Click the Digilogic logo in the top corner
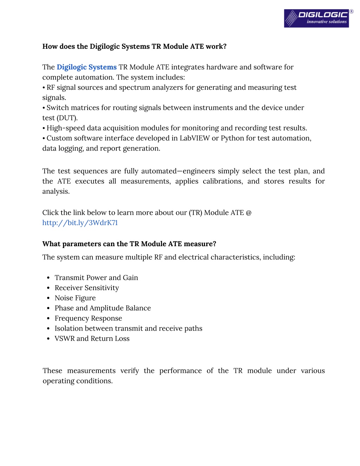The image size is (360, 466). (316, 18)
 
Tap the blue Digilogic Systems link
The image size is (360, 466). (86, 67)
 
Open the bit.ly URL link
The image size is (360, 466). (80, 223)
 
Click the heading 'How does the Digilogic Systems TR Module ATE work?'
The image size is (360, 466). (134, 46)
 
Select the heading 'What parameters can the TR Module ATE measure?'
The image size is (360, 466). (129, 244)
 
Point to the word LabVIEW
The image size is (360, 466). (194, 138)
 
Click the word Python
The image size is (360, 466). (232, 138)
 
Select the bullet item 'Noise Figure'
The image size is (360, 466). (75, 298)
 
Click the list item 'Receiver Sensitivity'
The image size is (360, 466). (86, 288)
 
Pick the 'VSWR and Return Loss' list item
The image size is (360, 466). (92, 338)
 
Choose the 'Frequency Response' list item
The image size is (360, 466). (88, 318)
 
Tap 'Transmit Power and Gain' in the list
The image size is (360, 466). (96, 277)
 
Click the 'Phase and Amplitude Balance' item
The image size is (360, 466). (103, 308)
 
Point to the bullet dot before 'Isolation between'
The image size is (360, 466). (48, 328)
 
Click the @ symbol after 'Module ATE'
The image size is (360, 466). (249, 213)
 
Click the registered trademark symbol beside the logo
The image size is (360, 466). (351, 12)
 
